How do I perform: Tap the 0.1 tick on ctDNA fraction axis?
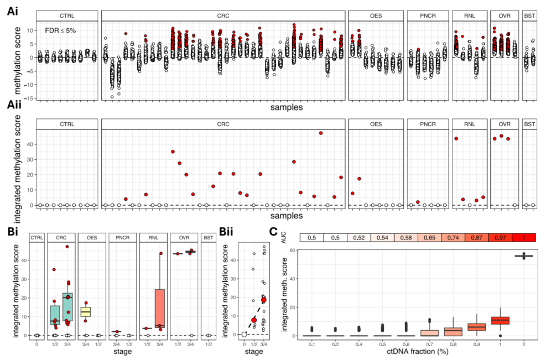pyautogui.click(x=311, y=343)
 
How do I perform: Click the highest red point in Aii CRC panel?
pyautogui.click(x=321, y=133)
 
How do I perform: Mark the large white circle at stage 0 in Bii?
pyautogui.click(x=244, y=334)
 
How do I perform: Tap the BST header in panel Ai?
pyautogui.click(x=529, y=15)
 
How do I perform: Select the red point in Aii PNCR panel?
pyautogui.click(x=418, y=202)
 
